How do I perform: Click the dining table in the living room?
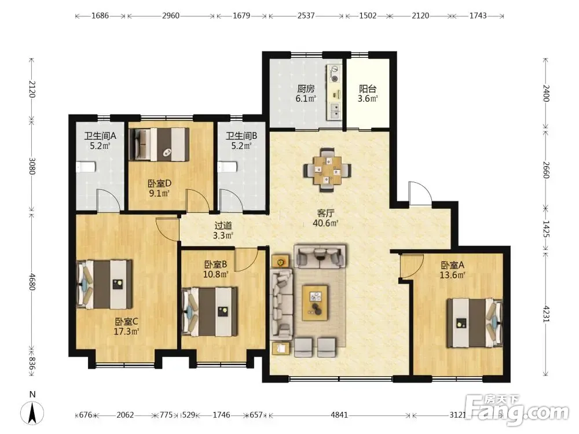click(327, 170)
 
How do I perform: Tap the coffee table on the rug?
click(315, 303)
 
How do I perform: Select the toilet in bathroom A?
click(86, 167)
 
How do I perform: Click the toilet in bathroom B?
click(227, 167)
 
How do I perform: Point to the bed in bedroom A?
click(475, 323)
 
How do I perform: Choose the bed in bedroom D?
click(159, 144)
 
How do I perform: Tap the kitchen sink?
click(335, 111)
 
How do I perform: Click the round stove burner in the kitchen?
click(335, 78)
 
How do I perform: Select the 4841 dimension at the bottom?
click(339, 415)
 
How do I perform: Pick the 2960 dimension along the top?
click(171, 16)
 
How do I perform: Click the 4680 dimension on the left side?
click(32, 282)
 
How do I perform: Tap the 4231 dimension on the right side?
click(546, 313)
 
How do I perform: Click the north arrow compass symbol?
click(32, 411)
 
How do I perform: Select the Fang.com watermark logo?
click(517, 410)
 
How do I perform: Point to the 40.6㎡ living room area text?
click(325, 223)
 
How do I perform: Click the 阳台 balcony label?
click(368, 89)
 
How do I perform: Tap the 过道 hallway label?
click(223, 226)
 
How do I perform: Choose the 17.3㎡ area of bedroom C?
click(126, 332)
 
